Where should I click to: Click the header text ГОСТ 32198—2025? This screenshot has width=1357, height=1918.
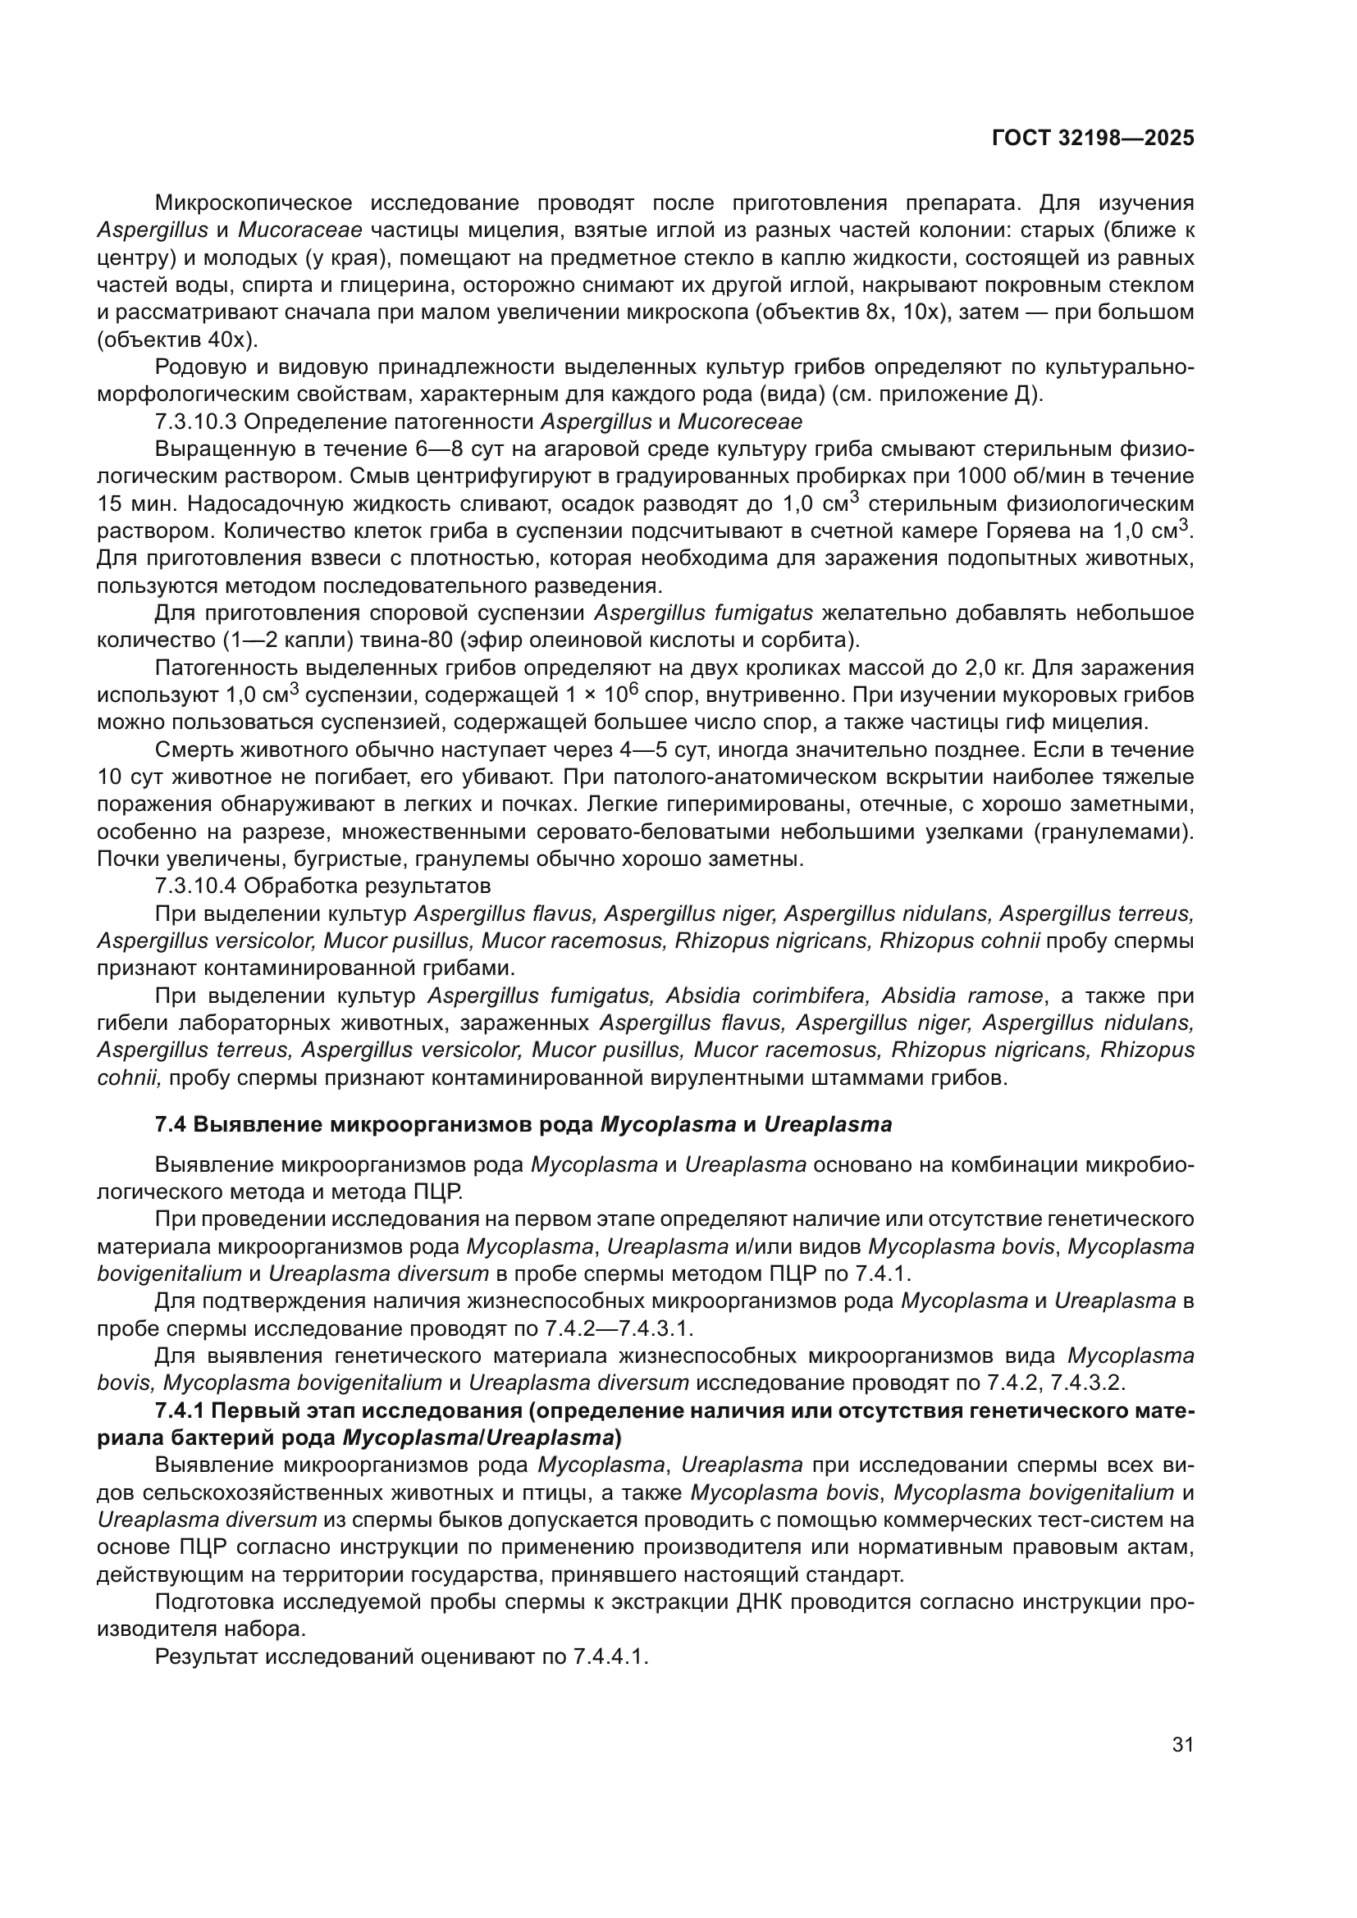pyautogui.click(x=1092, y=139)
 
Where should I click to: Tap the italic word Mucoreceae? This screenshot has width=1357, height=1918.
pyautogui.click(x=739, y=421)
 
